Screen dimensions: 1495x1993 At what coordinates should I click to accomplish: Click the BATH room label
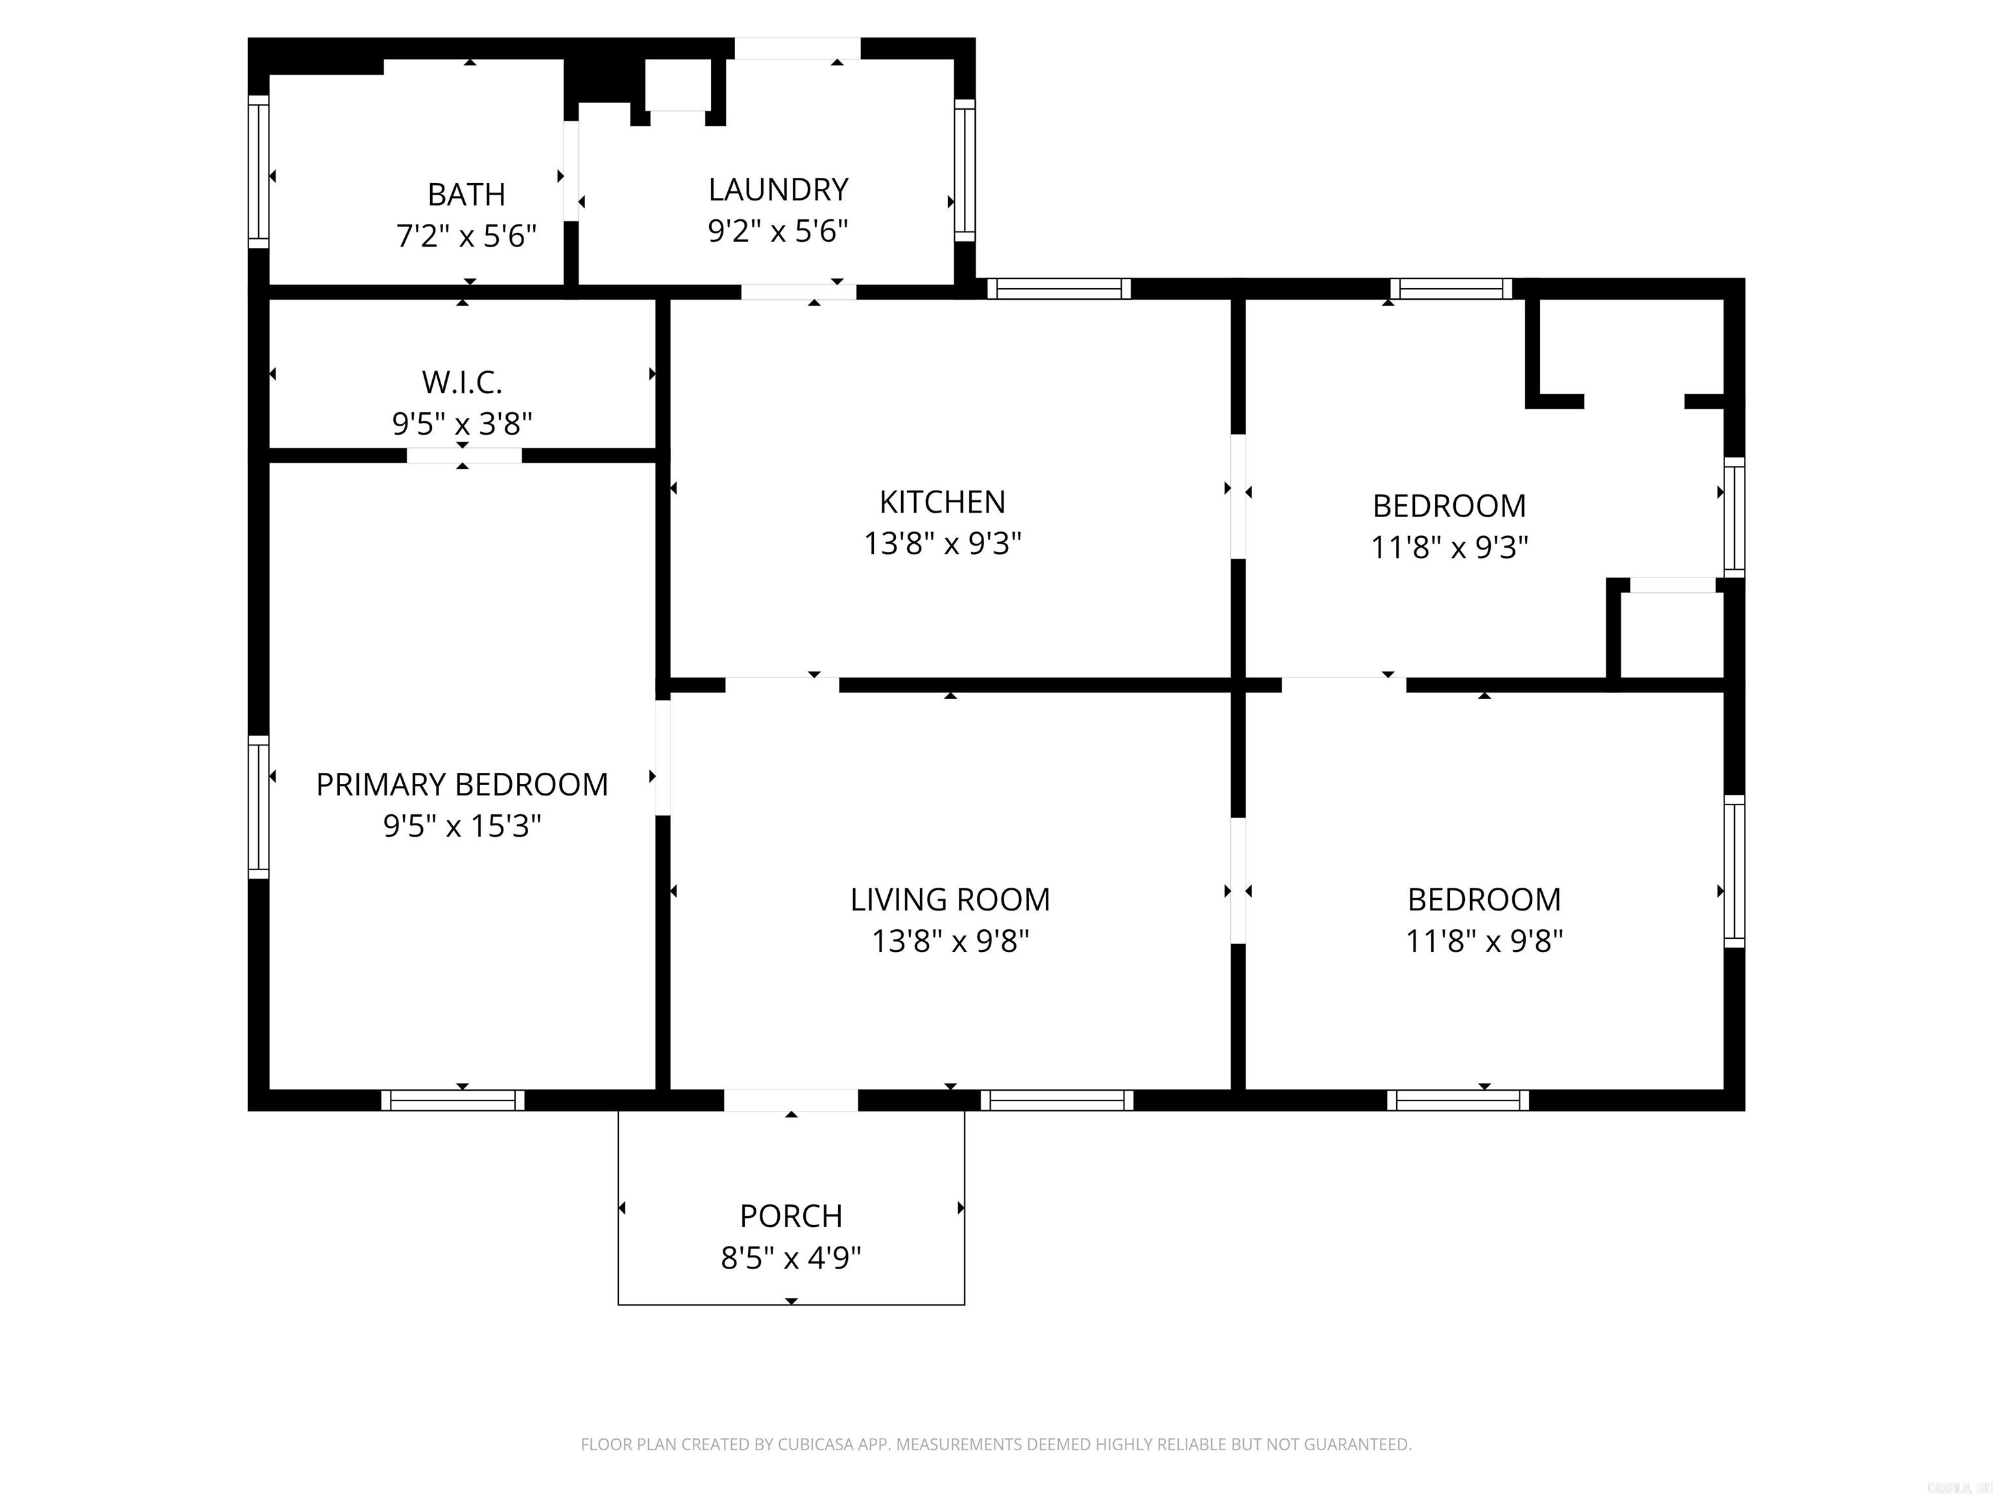[x=466, y=194]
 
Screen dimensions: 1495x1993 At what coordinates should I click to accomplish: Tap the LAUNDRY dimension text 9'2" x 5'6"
[x=778, y=232]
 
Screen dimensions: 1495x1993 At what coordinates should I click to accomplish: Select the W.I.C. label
[x=461, y=382]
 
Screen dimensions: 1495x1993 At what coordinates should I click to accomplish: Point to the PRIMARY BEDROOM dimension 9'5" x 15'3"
[x=461, y=825]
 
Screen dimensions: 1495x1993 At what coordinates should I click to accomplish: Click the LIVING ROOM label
[x=950, y=899]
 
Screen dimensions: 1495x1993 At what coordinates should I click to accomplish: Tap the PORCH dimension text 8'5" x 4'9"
[x=790, y=1257]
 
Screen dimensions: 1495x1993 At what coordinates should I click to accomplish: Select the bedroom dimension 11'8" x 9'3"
[x=1449, y=547]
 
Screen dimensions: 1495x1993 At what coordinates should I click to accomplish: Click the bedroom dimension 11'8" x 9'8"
[x=1484, y=941]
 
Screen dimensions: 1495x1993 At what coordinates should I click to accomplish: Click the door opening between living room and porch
[x=790, y=1100]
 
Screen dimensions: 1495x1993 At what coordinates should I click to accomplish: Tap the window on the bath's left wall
[x=259, y=171]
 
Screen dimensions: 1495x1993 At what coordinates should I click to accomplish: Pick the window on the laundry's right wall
[x=964, y=169]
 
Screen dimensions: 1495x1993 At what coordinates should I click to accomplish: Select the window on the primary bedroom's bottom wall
[x=452, y=1100]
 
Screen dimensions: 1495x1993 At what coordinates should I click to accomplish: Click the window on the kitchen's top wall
[x=1059, y=288]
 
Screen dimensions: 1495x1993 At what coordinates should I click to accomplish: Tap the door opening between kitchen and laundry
[x=798, y=292]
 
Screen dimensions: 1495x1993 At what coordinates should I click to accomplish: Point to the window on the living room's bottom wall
[x=1057, y=1100]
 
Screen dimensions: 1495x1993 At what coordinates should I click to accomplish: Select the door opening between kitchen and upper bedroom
[x=1238, y=496]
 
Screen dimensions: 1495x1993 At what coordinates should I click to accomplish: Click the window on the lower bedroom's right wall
[x=1733, y=871]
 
